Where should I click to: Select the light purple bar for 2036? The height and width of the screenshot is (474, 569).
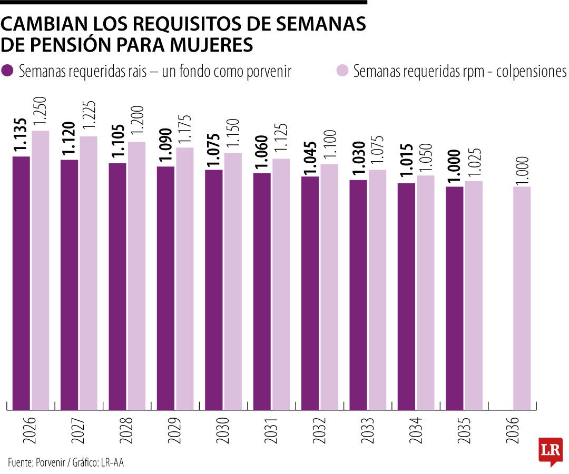pos(522,298)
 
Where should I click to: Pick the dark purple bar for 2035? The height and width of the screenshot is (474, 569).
pos(455,298)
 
